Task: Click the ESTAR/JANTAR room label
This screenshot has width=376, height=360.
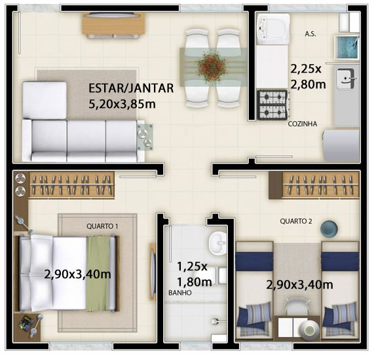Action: point(131,88)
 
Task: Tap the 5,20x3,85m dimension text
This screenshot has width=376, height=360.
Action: point(122,104)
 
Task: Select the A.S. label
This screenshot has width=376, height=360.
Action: point(310,34)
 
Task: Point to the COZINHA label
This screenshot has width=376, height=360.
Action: point(303,124)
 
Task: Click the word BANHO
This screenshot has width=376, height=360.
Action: point(180,293)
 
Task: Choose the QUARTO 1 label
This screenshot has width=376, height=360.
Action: point(102,226)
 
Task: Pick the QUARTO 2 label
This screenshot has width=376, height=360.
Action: point(296,221)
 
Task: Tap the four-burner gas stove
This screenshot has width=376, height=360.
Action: point(272,105)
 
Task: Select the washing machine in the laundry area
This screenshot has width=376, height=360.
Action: point(273,29)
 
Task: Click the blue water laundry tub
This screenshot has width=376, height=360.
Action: point(347,47)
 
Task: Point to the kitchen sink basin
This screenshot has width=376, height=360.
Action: point(345,78)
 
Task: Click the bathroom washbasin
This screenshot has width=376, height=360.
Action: point(217,243)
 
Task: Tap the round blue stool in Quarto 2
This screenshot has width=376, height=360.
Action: point(329,229)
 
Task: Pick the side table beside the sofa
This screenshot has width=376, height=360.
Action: point(145,137)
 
